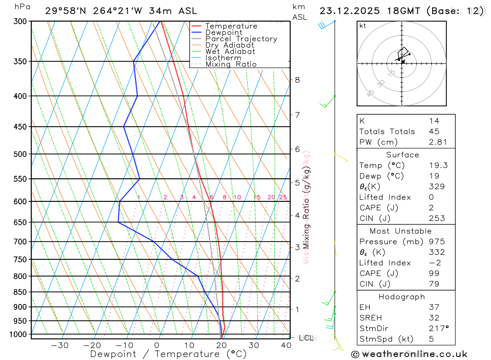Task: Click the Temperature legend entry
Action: [x=231, y=26]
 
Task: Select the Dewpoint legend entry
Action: [x=223, y=32]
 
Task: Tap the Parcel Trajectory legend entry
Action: [x=241, y=39]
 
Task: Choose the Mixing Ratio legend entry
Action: [x=231, y=64]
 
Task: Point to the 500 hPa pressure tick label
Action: [x=21, y=154]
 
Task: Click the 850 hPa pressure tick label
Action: [x=21, y=292]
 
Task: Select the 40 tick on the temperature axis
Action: [x=286, y=345]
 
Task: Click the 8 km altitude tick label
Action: [x=297, y=80]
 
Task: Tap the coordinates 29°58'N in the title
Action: [x=65, y=11]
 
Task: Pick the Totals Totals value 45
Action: [x=434, y=132]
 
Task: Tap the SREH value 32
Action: [x=434, y=318]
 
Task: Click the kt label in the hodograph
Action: [x=363, y=26]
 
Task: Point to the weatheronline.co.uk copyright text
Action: [x=409, y=354]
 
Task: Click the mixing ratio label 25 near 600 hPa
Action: [x=283, y=197]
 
